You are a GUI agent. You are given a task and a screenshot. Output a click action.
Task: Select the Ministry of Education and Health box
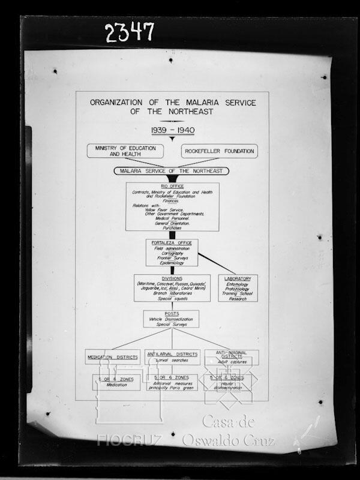point(125,151)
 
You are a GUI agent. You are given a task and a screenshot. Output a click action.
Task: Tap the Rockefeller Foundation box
point(219,151)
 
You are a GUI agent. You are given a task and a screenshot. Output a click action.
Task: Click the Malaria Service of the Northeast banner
point(171,171)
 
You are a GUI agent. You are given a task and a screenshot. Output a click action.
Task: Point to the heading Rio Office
point(172,186)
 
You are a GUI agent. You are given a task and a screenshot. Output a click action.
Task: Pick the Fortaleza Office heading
point(172,242)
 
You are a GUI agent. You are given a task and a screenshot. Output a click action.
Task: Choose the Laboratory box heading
point(238,279)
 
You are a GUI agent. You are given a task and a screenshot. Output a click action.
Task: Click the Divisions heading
point(172,278)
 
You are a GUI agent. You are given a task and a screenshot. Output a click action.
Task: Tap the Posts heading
point(170,314)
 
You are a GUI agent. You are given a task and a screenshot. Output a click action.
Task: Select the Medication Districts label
point(113,357)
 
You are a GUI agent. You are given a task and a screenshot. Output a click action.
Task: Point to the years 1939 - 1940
point(172,130)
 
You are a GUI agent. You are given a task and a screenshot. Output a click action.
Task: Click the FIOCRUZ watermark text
point(129,440)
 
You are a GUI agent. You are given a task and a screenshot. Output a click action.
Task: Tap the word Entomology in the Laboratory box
point(238,285)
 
